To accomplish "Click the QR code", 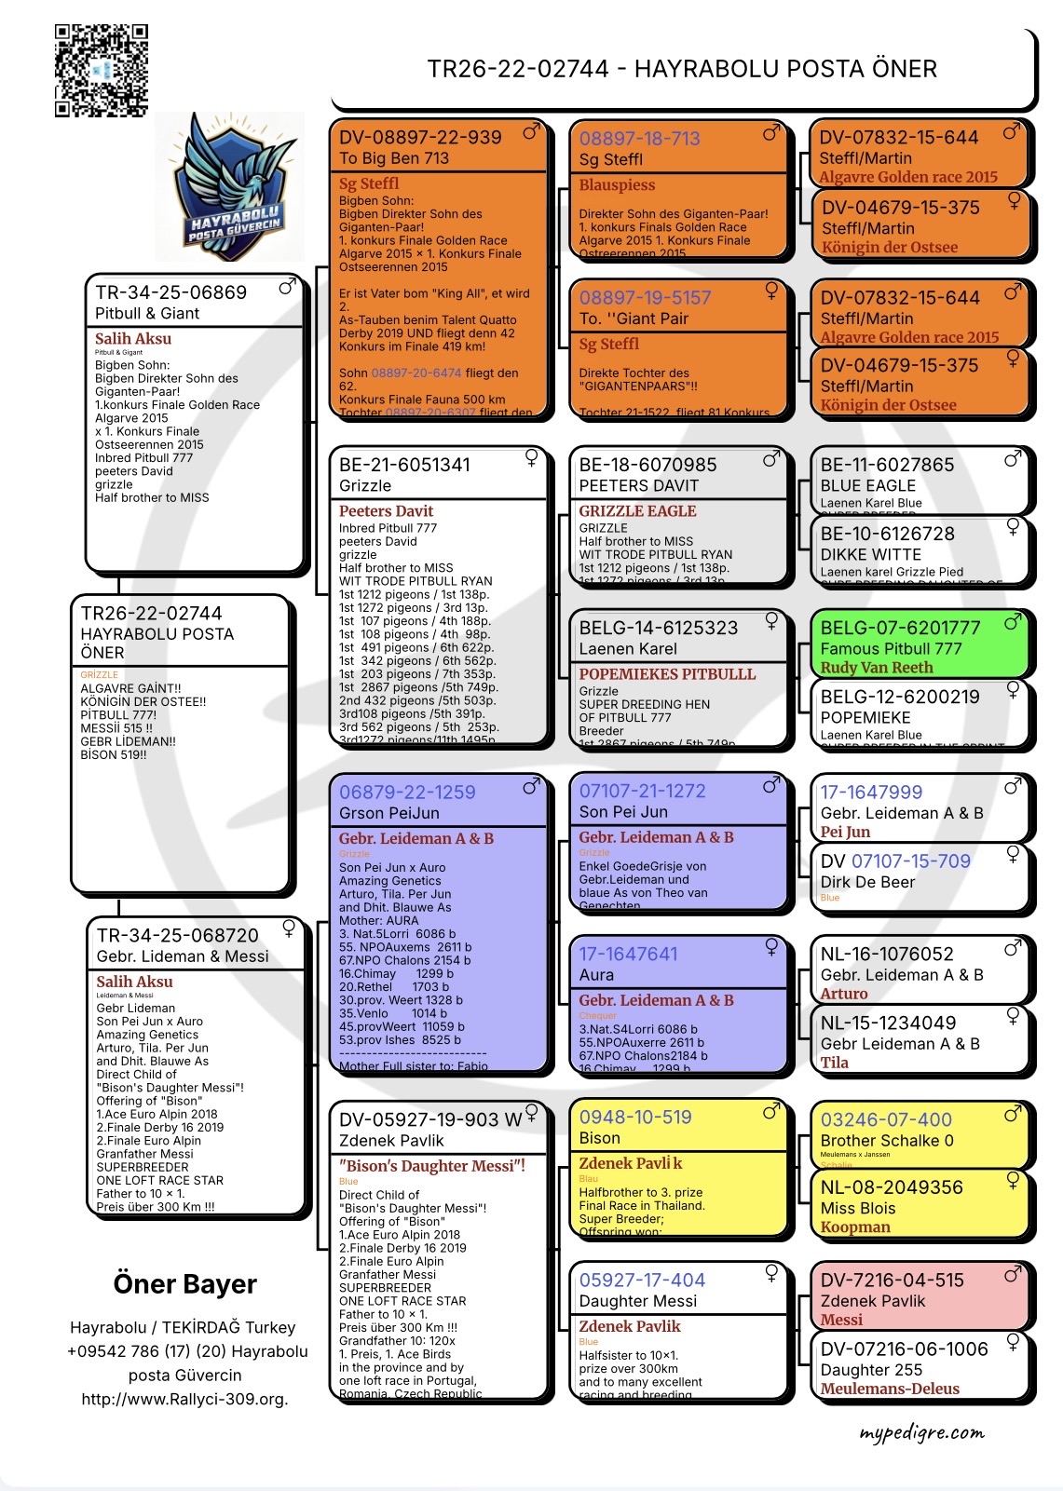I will coord(101,71).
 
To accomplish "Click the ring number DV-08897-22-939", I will coord(420,138).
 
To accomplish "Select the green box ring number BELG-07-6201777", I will coord(900,628).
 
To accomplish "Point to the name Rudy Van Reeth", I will coord(876,668).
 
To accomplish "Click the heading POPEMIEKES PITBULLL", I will coord(667,674).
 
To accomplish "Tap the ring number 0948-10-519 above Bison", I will coord(635,1117).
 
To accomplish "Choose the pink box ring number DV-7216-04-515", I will coord(892,1281).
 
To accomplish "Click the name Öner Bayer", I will coord(184,1284).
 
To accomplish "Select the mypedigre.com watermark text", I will coord(920,1432).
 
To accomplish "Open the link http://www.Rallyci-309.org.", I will coord(184,1399).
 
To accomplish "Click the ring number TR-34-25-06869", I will coord(171,292).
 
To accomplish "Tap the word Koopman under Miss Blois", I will coord(854,1227).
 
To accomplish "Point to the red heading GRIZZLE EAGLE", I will coord(637,511).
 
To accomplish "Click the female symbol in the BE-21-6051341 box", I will coord(531,457).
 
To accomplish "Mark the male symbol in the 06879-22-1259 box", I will coord(531,787).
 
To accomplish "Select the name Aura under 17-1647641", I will coord(596,975).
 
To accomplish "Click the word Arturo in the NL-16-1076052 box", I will coord(843,994).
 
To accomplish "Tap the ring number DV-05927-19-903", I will coord(419,1119).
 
